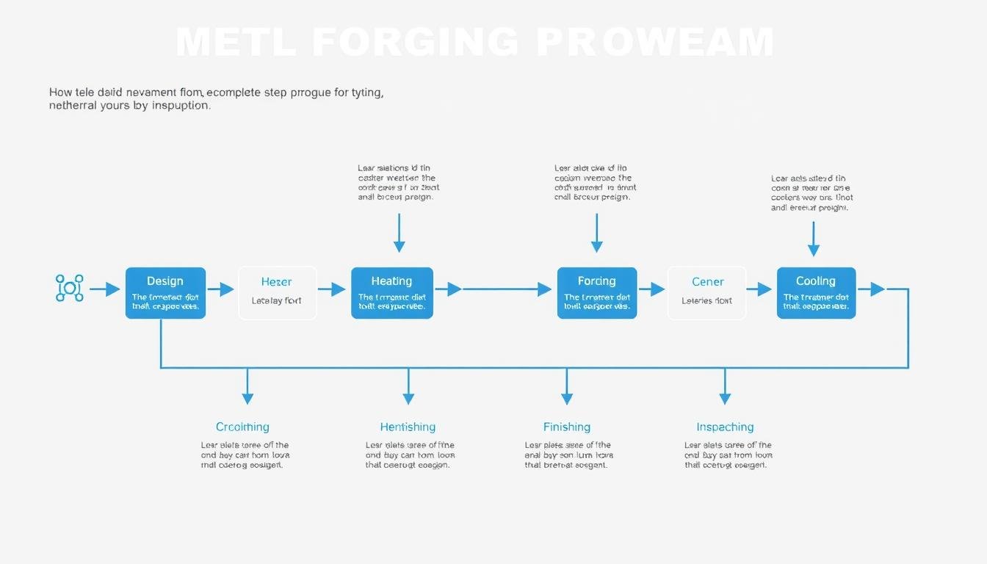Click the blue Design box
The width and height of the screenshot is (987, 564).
165,292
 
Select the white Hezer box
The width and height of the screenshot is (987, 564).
277,292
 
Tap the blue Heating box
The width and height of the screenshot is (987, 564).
391,292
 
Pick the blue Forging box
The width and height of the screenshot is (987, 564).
596,292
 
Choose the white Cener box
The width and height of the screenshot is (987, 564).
706,292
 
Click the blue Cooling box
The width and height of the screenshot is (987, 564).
816,292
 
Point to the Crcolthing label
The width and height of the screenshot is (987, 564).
242,427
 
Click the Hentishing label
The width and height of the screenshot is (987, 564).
408,427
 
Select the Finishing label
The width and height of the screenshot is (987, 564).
566,427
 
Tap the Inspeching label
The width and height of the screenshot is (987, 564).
725,427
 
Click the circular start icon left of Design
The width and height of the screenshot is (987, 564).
70,288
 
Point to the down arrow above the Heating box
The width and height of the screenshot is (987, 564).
399,234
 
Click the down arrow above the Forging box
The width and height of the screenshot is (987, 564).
597,234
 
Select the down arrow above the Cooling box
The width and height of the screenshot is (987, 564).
814,239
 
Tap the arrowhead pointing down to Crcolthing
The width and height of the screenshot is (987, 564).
247,397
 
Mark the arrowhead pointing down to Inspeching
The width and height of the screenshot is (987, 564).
725,397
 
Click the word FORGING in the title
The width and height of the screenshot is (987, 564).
414,43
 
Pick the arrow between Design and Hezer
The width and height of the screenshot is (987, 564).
220,289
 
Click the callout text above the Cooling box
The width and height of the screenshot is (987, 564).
811,193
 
